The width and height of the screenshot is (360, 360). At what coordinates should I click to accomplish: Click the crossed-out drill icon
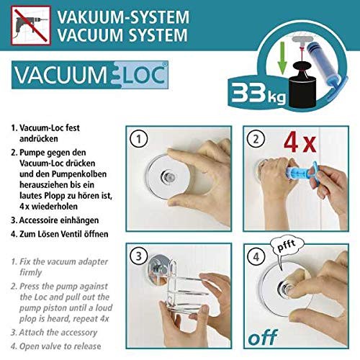coord(31,25)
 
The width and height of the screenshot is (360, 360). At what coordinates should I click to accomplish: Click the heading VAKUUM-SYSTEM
coord(123,17)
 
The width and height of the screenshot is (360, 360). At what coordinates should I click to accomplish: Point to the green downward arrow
coord(282,58)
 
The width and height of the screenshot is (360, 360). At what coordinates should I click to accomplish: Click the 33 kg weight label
coord(258,94)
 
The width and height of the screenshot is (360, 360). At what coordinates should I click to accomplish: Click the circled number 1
coord(138,139)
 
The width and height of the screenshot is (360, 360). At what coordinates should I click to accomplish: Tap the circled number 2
coord(256,139)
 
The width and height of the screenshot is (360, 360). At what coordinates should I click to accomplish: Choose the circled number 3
coord(138,256)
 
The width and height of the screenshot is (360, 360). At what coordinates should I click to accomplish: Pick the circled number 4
coord(256,257)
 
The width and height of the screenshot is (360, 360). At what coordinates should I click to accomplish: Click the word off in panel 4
coord(263,337)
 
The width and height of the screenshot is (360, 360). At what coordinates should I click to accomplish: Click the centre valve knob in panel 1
coord(168,177)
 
